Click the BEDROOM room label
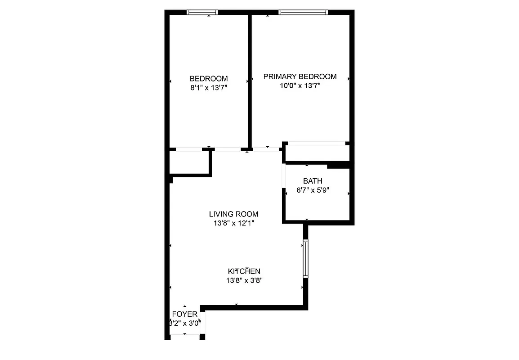[x=208, y=78]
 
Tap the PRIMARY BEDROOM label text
[x=300, y=76]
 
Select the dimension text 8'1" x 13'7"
[x=208, y=88]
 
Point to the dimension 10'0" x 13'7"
[x=300, y=86]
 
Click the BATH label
[x=313, y=181]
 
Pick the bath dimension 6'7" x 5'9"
[x=313, y=190]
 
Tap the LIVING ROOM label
[x=233, y=214]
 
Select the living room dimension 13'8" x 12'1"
[x=233, y=223]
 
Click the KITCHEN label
[x=244, y=271]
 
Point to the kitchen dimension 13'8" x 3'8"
[x=244, y=280]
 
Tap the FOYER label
[x=184, y=314]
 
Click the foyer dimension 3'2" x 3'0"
[x=184, y=323]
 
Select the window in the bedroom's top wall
[x=202, y=12]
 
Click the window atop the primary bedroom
[x=303, y=12]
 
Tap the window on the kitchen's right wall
[x=306, y=259]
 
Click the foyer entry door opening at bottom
[x=185, y=336]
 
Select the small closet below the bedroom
[x=188, y=162]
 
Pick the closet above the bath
[x=317, y=153]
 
